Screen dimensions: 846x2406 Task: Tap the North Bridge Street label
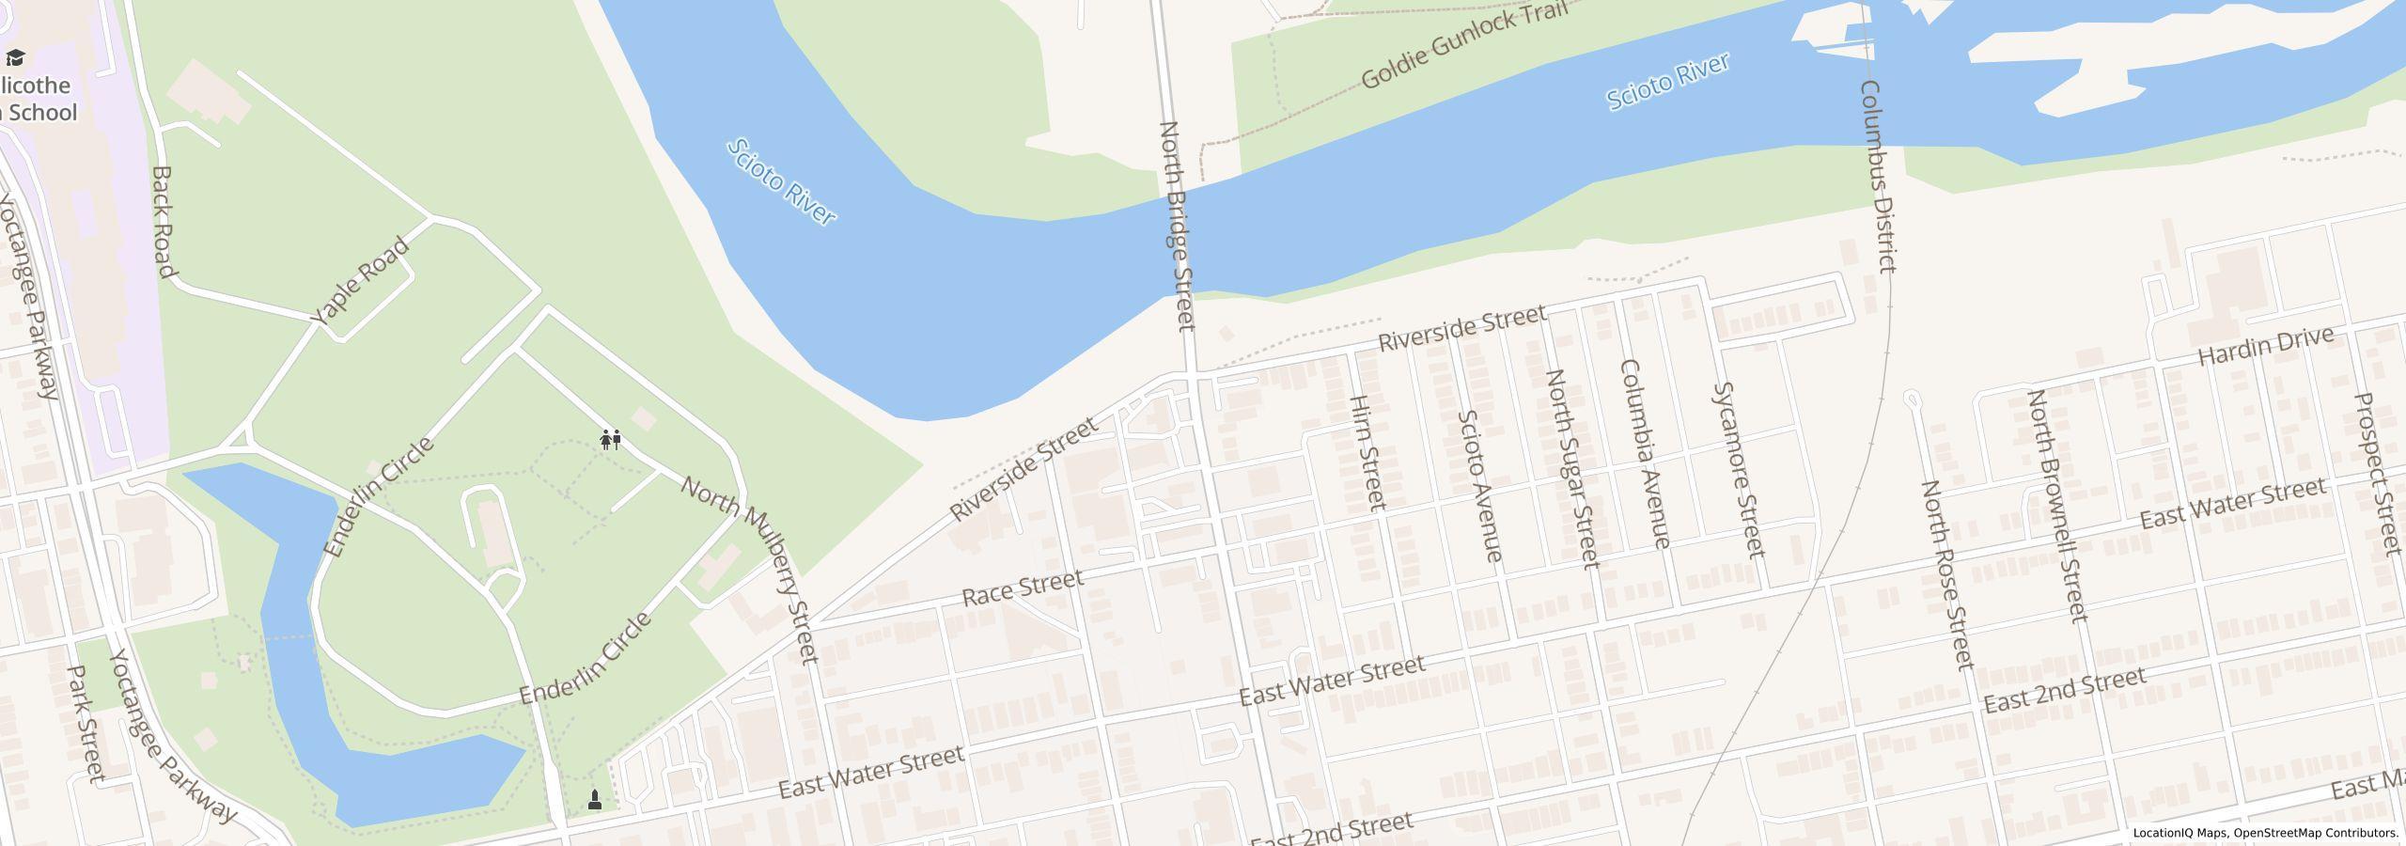click(x=1177, y=226)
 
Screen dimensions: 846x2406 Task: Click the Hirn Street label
click(x=1367, y=452)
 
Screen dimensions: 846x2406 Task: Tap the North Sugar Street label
click(x=1572, y=468)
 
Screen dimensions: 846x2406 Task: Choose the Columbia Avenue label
click(x=1645, y=454)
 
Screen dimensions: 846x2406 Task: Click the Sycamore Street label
click(x=1739, y=469)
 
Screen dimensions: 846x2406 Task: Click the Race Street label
click(x=1023, y=587)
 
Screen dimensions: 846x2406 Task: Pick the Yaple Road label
click(x=361, y=281)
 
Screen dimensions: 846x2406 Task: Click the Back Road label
click(x=164, y=223)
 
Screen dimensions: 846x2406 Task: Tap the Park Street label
click(x=86, y=724)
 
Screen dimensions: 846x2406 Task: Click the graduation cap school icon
click(x=15, y=58)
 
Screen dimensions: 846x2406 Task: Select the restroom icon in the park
click(x=611, y=439)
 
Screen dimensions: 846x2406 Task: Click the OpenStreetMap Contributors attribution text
click(x=2316, y=833)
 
